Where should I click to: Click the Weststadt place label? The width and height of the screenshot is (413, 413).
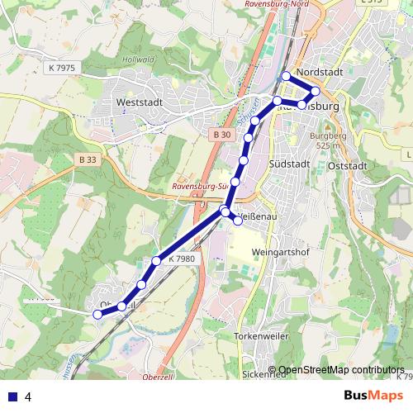pyautogui.click(x=140, y=102)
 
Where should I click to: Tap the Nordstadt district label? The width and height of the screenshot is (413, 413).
pyautogui.click(x=318, y=72)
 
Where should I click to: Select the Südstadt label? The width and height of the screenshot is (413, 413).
pyautogui.click(x=289, y=164)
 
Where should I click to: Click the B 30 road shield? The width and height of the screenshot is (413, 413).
pyautogui.click(x=220, y=134)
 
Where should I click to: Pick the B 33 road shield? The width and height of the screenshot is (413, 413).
pyautogui.click(x=89, y=159)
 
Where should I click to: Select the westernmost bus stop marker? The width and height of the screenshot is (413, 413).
pyautogui.click(x=97, y=314)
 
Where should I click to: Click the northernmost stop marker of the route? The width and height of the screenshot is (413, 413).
pyautogui.click(x=287, y=77)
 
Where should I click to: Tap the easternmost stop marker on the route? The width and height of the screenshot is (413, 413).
pyautogui.click(x=315, y=91)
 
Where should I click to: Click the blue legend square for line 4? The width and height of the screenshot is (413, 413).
pyautogui.click(x=12, y=396)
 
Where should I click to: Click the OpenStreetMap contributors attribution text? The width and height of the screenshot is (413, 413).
pyautogui.click(x=341, y=370)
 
